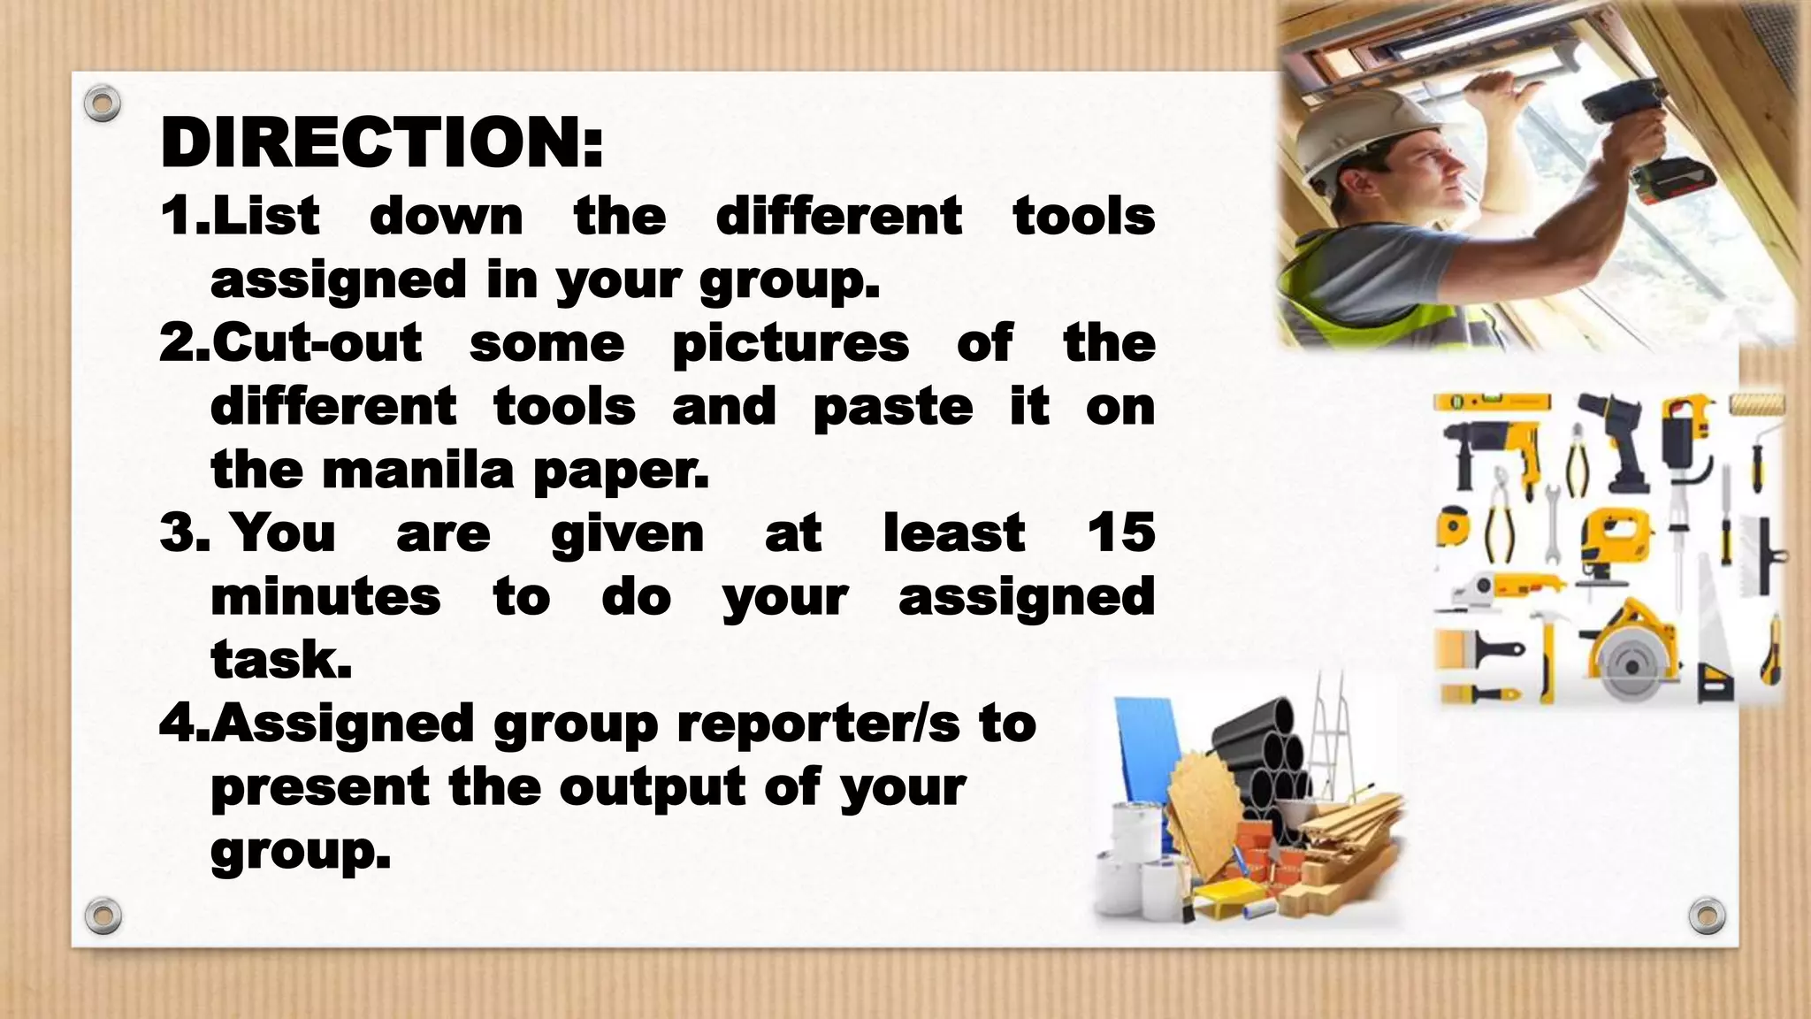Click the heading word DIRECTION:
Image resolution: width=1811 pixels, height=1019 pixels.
click(x=382, y=143)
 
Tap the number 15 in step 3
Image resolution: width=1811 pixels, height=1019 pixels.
click(x=1120, y=532)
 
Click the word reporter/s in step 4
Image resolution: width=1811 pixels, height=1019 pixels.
click(x=819, y=724)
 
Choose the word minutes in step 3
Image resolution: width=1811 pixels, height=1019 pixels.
click(x=325, y=596)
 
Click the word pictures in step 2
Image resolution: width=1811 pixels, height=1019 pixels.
click(x=791, y=343)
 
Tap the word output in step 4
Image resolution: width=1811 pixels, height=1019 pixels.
click(x=653, y=787)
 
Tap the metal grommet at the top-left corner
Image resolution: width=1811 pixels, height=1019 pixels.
click(x=103, y=104)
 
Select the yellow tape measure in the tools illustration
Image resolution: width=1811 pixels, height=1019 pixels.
click(x=1453, y=529)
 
